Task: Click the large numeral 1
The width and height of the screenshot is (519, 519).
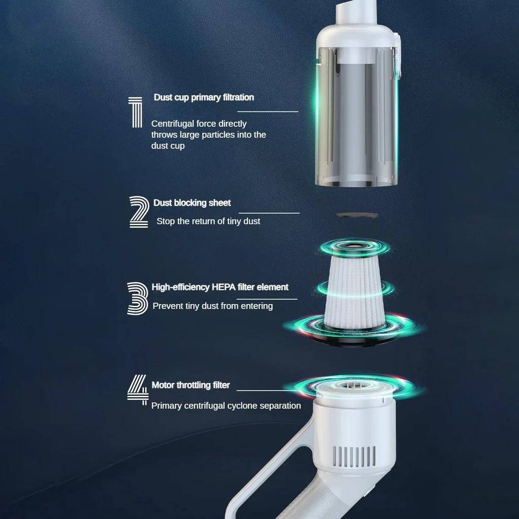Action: pyautogui.click(x=134, y=113)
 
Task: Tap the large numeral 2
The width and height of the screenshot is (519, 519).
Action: pyautogui.click(x=138, y=211)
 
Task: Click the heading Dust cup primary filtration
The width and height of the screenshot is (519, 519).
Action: pyautogui.click(x=204, y=97)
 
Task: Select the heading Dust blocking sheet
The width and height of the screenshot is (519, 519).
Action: pyautogui.click(x=192, y=203)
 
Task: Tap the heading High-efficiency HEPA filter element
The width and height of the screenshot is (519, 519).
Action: pyautogui.click(x=220, y=287)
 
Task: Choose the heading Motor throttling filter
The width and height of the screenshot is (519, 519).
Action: pyautogui.click(x=191, y=385)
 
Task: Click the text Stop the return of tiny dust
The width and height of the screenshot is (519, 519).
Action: pyautogui.click(x=208, y=221)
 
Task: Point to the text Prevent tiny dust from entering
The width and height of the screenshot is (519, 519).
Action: pyautogui.click(x=212, y=306)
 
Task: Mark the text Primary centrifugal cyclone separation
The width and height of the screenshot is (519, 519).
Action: pyautogui.click(x=226, y=405)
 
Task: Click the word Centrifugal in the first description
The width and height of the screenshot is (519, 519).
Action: pyautogui.click(x=173, y=124)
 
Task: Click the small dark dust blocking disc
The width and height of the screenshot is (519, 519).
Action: pyautogui.click(x=357, y=215)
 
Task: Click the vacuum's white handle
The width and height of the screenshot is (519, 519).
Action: pyautogui.click(x=274, y=471)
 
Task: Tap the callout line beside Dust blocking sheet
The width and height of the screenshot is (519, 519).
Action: pyautogui.click(x=269, y=213)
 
